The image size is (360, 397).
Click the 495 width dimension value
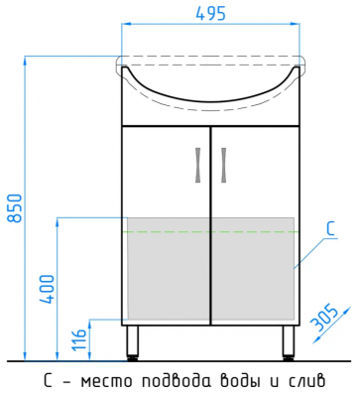pos(210,13)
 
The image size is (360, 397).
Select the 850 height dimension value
pos(15,208)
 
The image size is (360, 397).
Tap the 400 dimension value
pos(46,289)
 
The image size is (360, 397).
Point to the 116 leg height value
pos(79,339)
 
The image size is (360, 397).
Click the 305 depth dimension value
pos(325,319)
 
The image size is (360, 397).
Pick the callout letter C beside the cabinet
pos(331,229)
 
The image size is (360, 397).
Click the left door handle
pos(198,165)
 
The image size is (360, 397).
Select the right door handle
pos(224,165)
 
